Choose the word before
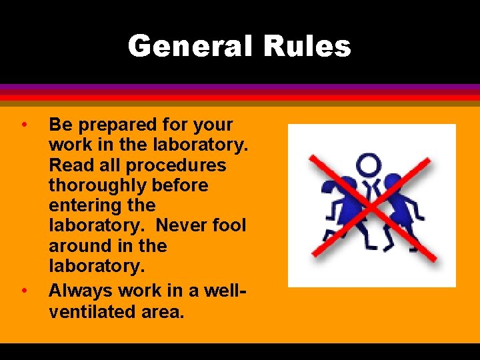[x=177, y=185]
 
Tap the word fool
[x=229, y=226]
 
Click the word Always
[x=81, y=291]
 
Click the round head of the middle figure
[x=367, y=164]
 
